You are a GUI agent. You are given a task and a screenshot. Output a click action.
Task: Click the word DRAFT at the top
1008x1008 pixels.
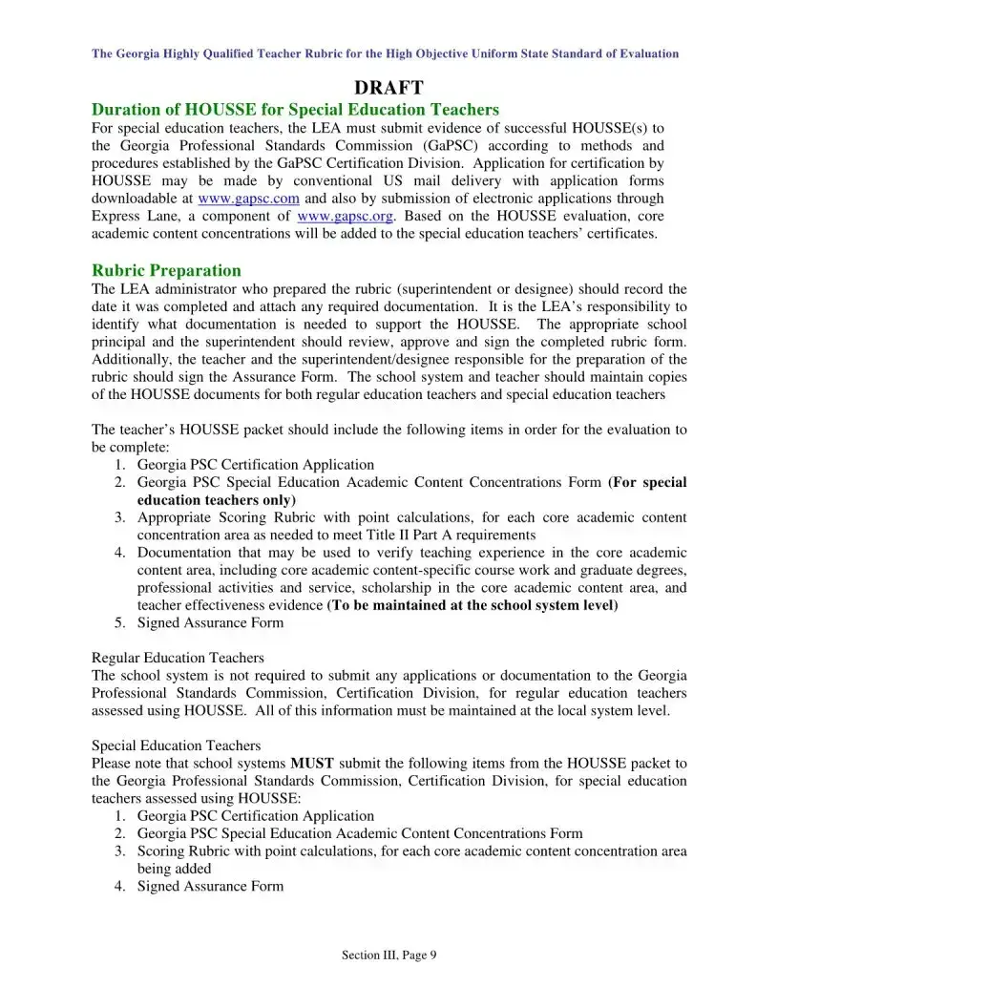pos(388,89)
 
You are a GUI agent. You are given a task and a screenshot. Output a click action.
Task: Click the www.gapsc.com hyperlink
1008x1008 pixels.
pos(248,199)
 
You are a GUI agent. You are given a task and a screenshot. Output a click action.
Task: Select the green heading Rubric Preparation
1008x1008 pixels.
pos(166,270)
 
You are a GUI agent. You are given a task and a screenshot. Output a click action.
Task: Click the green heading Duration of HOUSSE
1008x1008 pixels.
pos(295,110)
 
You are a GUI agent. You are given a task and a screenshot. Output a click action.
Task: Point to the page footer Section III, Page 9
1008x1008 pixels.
pos(388,955)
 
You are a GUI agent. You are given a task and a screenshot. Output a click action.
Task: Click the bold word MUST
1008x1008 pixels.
pos(312,764)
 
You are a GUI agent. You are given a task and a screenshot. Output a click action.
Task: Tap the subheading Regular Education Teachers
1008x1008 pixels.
pos(178,658)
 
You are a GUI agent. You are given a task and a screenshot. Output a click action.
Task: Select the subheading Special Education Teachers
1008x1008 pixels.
pos(176,745)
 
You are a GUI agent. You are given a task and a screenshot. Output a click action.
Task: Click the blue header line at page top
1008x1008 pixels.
pos(385,53)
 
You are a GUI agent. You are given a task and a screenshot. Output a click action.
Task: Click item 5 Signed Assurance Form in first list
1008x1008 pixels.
pos(210,623)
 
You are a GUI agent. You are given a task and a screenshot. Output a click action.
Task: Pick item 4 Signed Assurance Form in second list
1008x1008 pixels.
pos(210,887)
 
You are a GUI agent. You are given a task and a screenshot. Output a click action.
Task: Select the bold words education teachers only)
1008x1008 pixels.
pos(217,500)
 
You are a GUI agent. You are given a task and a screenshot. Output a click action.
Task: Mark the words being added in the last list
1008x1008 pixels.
pos(175,869)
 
